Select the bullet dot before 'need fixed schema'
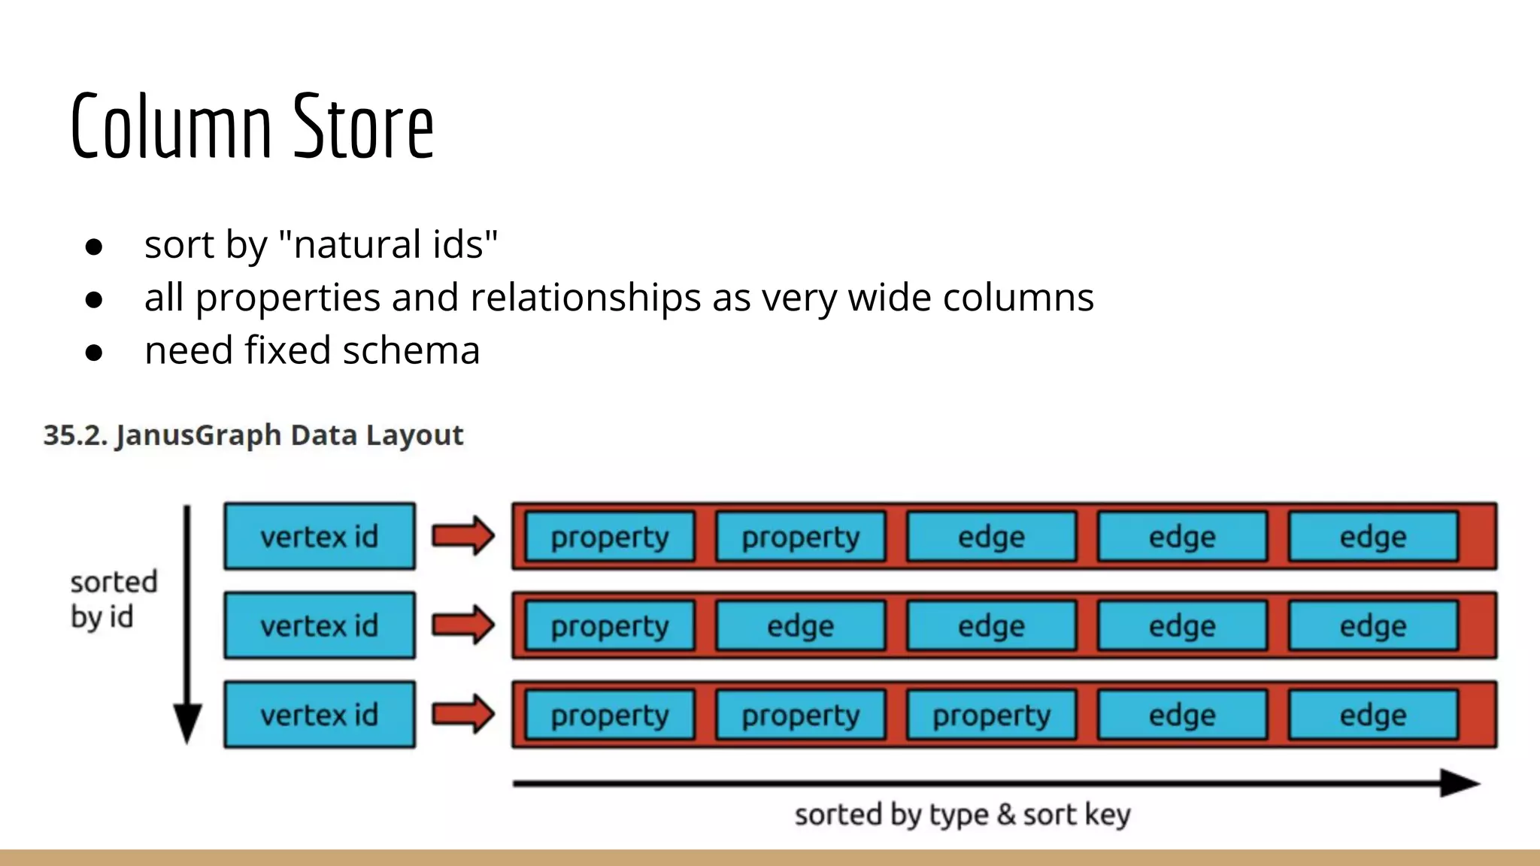94,352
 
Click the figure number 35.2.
75,435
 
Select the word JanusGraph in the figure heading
199,436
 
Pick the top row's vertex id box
320,537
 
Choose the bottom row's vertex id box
320,715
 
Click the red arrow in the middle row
463,625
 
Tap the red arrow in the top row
463,536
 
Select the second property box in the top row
801,537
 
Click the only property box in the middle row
610,625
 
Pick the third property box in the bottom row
992,715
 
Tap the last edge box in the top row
1373,537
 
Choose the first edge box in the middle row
801,625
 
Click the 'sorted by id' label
113,599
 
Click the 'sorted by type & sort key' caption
962,815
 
